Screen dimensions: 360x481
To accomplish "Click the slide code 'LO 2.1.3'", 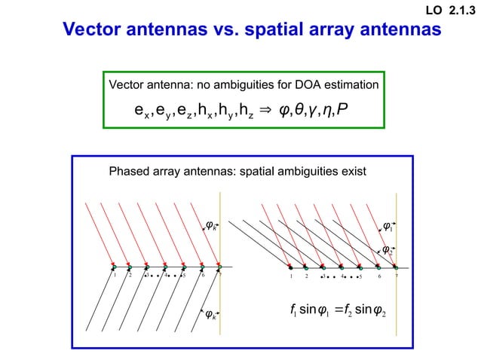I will pos(451,10).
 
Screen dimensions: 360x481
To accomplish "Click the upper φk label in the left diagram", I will pos(213,223).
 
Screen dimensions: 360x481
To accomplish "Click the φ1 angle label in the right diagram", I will pos(388,224).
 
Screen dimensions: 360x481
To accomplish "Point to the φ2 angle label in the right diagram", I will pos(387,250).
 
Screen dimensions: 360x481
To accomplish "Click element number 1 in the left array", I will pos(115,276).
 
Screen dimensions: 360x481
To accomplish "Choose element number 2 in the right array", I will pos(307,277).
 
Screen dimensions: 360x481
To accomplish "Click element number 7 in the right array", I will pos(396,277).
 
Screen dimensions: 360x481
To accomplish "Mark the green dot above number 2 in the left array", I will pos(130,268).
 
